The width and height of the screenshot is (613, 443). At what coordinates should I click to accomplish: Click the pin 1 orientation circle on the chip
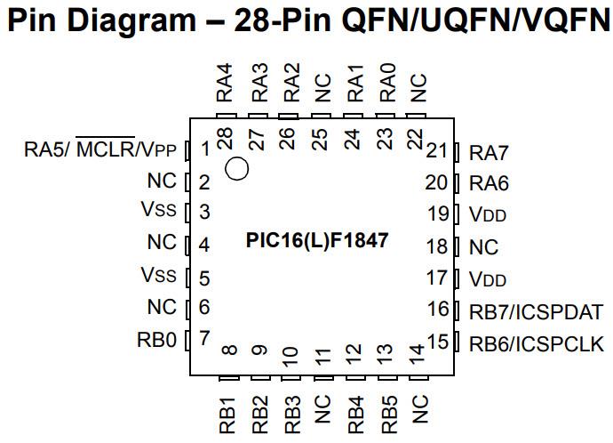pyautogui.click(x=237, y=167)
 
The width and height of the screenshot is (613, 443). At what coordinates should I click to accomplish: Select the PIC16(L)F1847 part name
pyautogui.click(x=316, y=240)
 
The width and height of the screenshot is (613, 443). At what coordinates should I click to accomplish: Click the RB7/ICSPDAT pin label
pyautogui.click(x=536, y=312)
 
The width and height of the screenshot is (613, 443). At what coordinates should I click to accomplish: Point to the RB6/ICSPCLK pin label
pyautogui.click(x=536, y=343)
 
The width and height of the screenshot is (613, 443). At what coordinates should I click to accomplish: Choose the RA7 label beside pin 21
pyautogui.click(x=489, y=152)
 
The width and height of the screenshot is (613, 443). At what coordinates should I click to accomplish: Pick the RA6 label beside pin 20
pyautogui.click(x=489, y=184)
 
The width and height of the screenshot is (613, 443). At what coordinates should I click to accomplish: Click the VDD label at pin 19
pyautogui.click(x=487, y=215)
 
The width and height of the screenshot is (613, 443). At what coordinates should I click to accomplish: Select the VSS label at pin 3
pyautogui.click(x=159, y=211)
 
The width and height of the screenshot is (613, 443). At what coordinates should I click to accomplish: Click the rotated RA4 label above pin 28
pyautogui.click(x=225, y=82)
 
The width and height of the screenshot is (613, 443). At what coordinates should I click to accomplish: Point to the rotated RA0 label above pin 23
pyautogui.click(x=387, y=82)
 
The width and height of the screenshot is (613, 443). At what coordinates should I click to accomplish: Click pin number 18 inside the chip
pyautogui.click(x=436, y=246)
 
